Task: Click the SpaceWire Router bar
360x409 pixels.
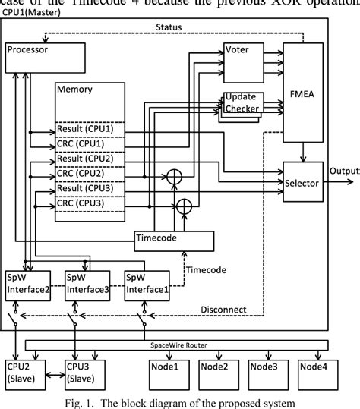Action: click(176, 344)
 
